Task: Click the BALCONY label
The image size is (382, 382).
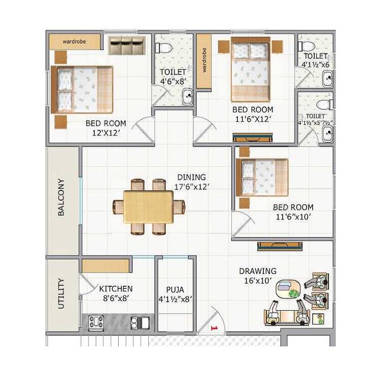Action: tap(61, 197)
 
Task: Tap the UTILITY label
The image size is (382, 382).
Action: tap(61, 293)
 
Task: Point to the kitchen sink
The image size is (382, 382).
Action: tap(140, 322)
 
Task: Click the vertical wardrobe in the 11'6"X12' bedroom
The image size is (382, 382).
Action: tap(204, 62)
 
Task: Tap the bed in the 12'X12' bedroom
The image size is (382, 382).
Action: tap(84, 90)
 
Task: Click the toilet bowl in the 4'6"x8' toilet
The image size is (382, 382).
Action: tap(164, 48)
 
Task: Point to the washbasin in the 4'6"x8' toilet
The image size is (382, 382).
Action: tap(187, 96)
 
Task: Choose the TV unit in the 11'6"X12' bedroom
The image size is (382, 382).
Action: tap(253, 137)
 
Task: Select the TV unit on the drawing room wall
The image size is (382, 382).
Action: tap(280, 246)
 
